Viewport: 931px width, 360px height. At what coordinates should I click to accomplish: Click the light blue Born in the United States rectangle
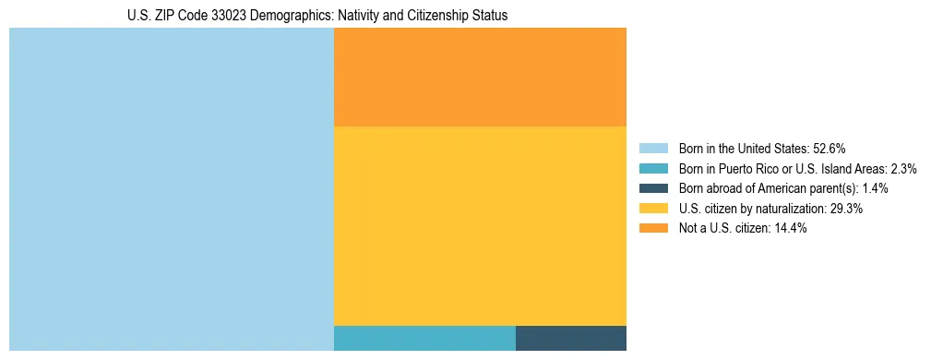coord(171,189)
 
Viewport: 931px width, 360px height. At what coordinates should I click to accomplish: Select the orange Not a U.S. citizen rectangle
coord(480,77)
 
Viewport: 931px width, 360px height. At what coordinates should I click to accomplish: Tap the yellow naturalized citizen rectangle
coord(480,225)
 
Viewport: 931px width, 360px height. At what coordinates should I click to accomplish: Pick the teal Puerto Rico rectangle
coord(424,338)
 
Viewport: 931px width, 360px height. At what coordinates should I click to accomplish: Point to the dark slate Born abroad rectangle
coord(571,338)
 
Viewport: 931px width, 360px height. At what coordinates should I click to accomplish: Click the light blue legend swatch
coord(653,148)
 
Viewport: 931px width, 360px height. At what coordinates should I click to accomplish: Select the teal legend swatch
coord(653,168)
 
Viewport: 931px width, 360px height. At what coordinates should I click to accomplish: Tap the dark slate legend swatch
coord(653,188)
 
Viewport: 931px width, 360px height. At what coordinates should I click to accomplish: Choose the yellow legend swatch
coord(653,209)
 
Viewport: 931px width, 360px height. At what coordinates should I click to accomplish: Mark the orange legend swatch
coord(653,229)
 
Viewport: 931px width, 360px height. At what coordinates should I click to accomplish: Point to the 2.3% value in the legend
coord(903,168)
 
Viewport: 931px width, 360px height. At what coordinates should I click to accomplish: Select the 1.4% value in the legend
coord(875,188)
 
